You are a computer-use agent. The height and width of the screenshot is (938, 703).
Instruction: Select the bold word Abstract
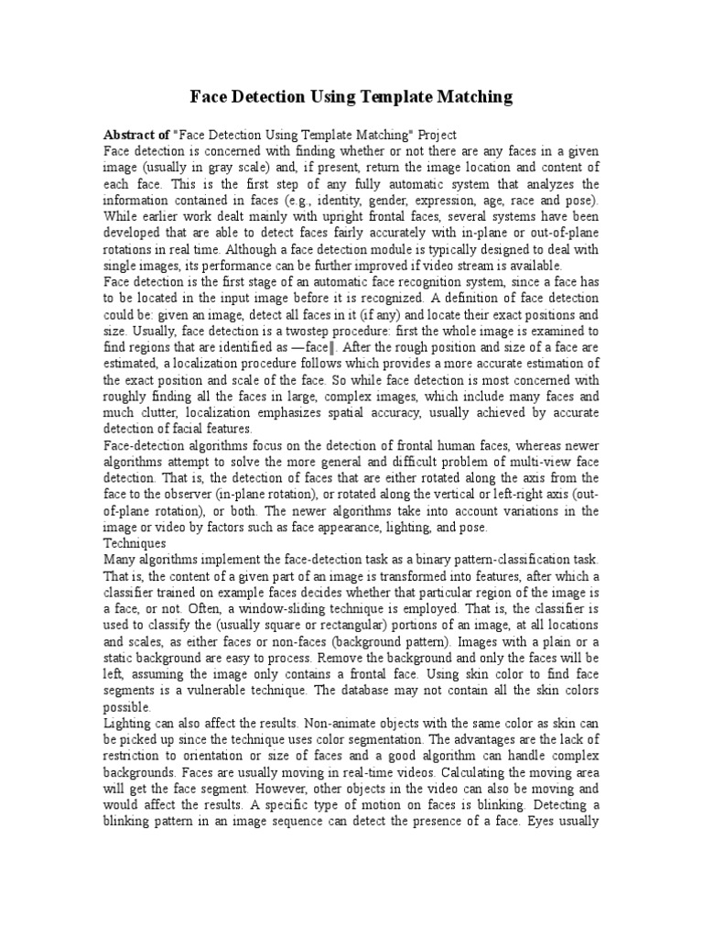click(133, 134)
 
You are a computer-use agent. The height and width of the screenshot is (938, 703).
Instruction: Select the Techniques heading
click(135, 543)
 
